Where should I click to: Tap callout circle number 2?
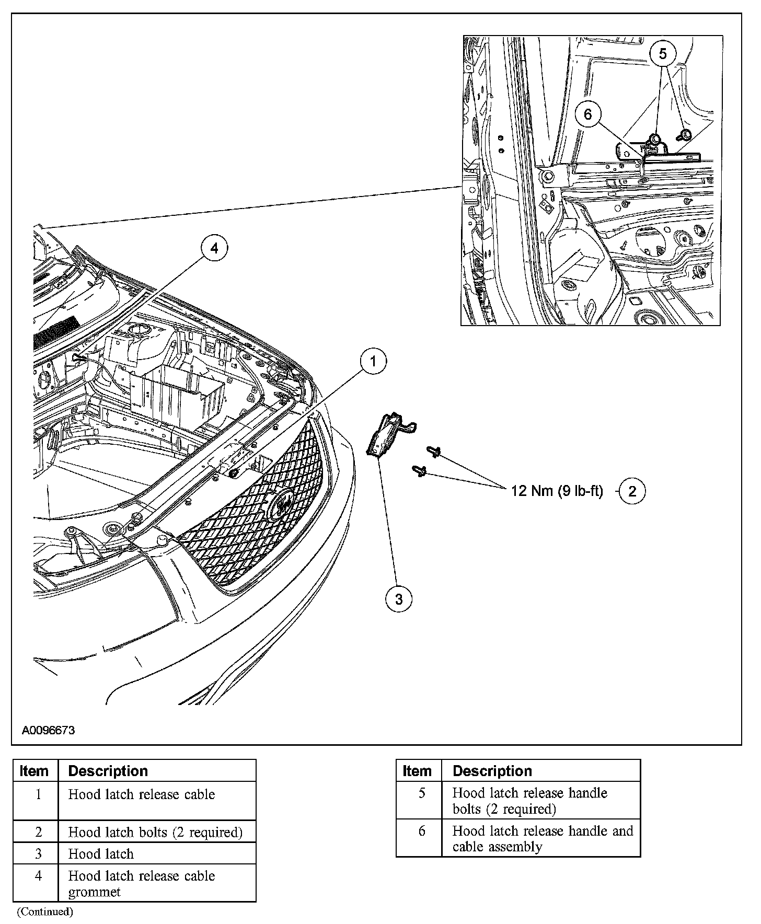coord(632,491)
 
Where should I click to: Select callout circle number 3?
coord(399,599)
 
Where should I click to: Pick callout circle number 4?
coord(214,248)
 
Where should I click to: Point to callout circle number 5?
coord(663,54)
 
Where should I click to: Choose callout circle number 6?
coord(588,114)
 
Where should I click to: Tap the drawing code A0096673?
coord(48,730)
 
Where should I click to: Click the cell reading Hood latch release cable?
coord(142,794)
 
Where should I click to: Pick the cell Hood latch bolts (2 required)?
coord(155,832)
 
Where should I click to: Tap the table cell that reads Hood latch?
coord(101,854)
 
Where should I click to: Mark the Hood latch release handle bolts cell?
coord(529,801)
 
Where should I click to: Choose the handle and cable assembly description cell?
coord(542,838)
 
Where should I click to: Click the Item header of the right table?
coord(417,771)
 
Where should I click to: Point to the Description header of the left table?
coord(108,771)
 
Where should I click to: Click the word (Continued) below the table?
coord(44,912)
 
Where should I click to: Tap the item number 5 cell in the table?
coord(422,793)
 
